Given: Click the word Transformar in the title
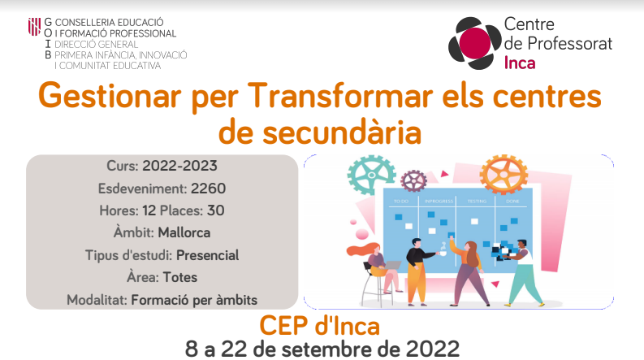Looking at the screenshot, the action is click(340, 96).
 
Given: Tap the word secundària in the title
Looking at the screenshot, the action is click(342, 132).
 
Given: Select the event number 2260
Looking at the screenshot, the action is click(208, 189).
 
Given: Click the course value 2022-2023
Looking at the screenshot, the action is click(179, 166).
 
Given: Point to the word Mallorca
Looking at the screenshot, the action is click(184, 232).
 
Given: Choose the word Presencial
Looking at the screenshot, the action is click(207, 255).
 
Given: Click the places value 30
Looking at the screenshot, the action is click(216, 210).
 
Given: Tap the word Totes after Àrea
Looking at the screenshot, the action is click(180, 277).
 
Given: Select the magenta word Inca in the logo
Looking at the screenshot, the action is click(520, 63).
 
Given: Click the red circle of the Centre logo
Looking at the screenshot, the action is click(475, 42).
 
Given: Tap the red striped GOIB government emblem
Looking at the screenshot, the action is click(34, 27).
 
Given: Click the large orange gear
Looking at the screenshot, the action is click(504, 174).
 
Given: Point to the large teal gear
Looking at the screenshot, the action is click(371, 175).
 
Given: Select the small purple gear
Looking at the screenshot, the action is click(413, 181).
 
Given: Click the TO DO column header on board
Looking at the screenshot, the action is click(401, 202).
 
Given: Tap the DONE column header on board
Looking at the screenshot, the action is click(512, 202).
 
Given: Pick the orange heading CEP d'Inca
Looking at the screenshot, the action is click(319, 326).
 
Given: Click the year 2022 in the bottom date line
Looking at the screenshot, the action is click(433, 349).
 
